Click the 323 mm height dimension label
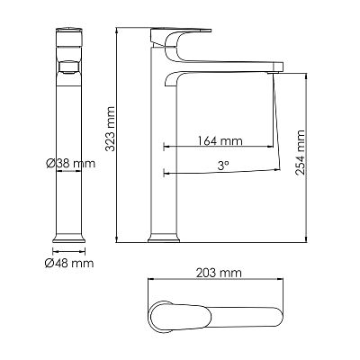coord(111,129)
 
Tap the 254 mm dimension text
coord(300,153)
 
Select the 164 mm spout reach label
coord(220,140)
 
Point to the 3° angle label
coord(223,166)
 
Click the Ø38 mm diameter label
coord(71,164)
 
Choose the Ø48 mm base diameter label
coord(69,263)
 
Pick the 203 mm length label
coord(219,273)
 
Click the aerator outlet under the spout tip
coord(273,72)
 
